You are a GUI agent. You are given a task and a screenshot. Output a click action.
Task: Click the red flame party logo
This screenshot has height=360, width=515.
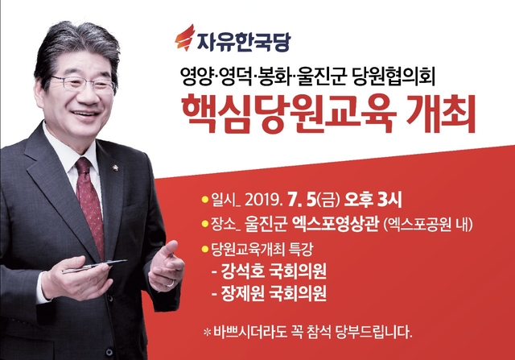tap(185, 38)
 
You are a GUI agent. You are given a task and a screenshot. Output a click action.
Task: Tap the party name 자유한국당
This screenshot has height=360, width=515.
tap(244, 41)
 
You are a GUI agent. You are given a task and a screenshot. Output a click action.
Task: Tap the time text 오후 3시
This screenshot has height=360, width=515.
tap(373, 200)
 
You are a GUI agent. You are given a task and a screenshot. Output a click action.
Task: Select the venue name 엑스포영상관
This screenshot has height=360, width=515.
tap(335, 226)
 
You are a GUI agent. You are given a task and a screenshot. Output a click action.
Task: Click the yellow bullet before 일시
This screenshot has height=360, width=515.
tap(205, 200)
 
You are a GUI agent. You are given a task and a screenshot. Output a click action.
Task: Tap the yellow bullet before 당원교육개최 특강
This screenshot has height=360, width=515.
tap(205, 249)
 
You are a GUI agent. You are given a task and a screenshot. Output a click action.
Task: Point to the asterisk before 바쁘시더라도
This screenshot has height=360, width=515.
tap(207, 333)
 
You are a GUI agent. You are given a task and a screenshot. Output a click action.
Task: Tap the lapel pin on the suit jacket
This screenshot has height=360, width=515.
tap(115, 168)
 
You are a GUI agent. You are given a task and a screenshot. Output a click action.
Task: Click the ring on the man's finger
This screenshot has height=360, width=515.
tap(171, 283)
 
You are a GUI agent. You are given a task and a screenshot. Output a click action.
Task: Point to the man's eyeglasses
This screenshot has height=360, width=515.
tap(84, 83)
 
